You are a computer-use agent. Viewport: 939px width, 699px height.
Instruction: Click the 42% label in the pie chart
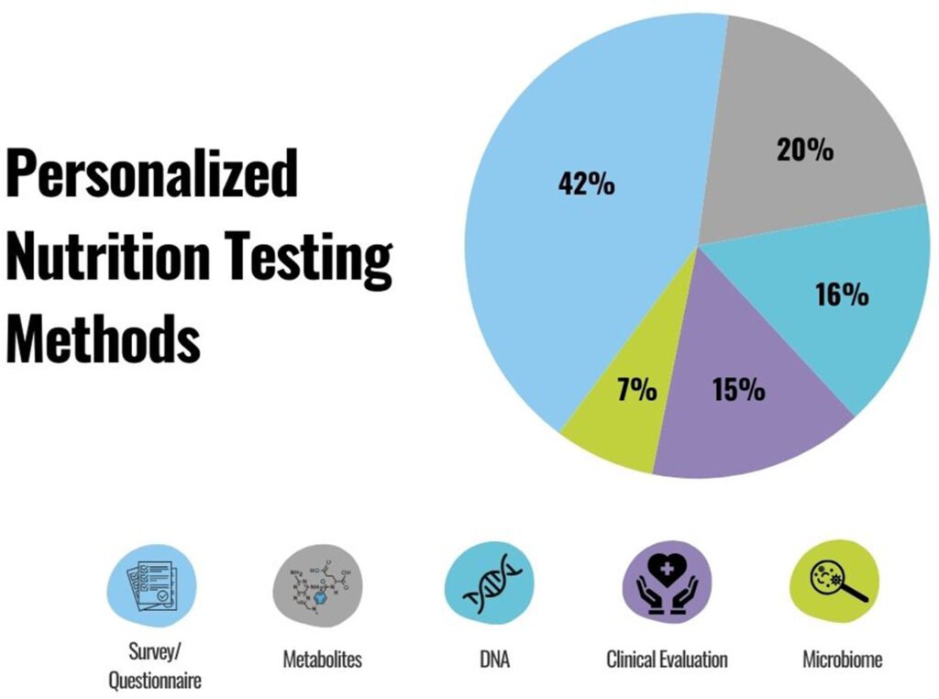[586, 183]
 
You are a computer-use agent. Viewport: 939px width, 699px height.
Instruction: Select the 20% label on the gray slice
[804, 150]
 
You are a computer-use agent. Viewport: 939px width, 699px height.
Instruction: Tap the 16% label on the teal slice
[841, 294]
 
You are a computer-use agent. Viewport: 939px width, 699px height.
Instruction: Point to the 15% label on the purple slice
[738, 390]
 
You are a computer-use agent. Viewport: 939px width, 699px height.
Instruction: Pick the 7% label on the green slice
[636, 390]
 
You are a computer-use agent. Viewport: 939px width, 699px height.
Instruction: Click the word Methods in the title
[103, 339]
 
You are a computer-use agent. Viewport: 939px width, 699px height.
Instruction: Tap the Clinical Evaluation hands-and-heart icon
[667, 584]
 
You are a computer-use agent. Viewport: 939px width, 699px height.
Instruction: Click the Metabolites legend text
[321, 660]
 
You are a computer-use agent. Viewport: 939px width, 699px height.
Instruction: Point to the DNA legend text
[492, 660]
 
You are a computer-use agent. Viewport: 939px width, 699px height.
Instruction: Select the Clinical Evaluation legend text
[667, 660]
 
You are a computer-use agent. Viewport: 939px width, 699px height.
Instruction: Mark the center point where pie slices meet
[699, 246]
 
